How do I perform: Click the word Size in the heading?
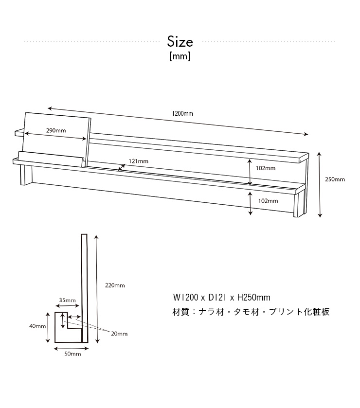[180, 42]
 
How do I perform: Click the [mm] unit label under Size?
[180, 56]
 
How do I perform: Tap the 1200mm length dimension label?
[183, 113]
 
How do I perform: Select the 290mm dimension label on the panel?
[56, 130]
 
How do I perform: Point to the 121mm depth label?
[139, 161]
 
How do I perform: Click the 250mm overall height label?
[335, 179]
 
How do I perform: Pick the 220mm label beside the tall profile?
[115, 285]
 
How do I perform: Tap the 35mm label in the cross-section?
[67, 300]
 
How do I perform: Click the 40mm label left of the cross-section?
[37, 326]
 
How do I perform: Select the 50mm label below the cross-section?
[72, 354]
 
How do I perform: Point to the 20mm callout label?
[119, 334]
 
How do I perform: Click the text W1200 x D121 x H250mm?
[222, 298]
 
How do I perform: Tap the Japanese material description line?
[251, 312]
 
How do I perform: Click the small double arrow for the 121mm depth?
[122, 168]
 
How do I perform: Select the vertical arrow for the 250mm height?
[320, 185]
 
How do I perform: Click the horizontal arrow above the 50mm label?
[72, 349]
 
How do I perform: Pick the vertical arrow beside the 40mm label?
[48, 328]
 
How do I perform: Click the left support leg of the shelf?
[26, 175]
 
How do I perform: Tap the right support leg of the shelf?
[299, 203]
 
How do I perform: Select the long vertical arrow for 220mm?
[97, 289]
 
